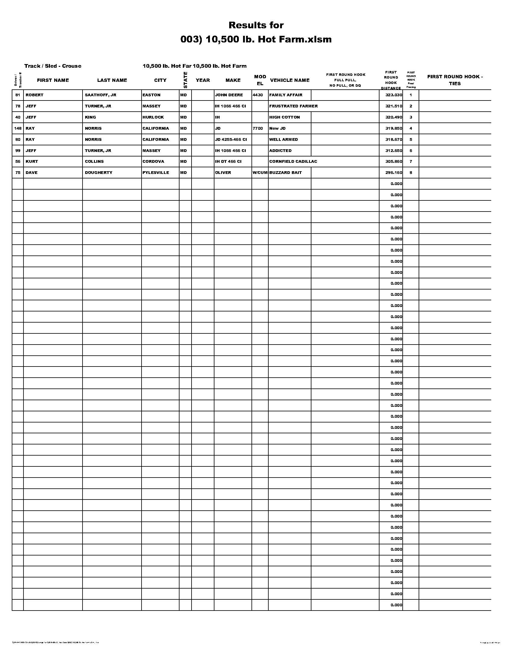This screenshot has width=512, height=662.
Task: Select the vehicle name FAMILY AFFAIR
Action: tap(286, 95)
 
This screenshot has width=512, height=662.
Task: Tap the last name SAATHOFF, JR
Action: tap(100, 95)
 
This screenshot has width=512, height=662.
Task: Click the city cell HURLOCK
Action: tap(153, 117)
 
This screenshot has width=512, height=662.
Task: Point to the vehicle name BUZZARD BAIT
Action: tap(285, 172)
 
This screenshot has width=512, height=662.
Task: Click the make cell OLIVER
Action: tap(223, 172)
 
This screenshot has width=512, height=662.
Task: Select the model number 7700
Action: tap(258, 128)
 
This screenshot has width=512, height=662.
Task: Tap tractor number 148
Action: tap(18, 128)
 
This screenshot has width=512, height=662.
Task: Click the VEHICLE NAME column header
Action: tap(289, 80)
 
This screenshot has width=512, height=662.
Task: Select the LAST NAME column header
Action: tap(112, 80)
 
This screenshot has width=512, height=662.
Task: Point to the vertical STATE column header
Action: tap(185, 80)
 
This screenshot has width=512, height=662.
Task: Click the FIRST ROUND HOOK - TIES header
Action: tap(455, 80)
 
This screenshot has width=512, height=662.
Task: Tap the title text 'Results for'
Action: tap(256, 25)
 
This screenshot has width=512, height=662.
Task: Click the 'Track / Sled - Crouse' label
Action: tap(53, 66)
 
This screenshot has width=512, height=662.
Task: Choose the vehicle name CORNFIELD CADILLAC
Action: tap(293, 161)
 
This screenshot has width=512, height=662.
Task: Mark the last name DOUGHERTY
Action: tap(98, 172)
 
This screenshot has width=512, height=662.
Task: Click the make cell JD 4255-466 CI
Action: tap(231, 139)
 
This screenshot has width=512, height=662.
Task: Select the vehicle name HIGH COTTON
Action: tap(284, 117)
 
